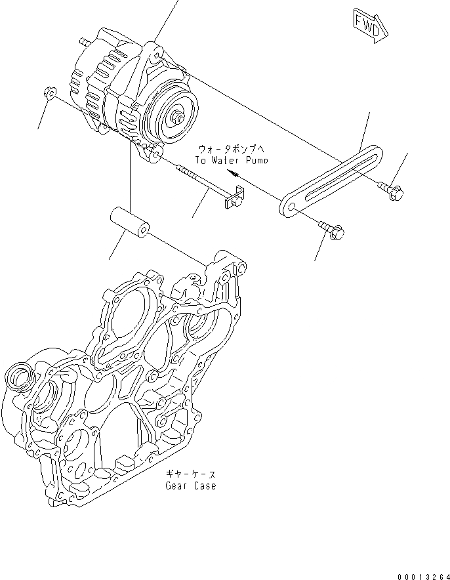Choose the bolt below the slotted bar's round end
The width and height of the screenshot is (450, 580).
332,230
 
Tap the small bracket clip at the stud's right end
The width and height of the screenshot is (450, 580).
235,198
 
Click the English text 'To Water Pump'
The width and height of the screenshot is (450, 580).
231,159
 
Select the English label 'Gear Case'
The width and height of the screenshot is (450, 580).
191,486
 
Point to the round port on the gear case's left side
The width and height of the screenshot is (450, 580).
19,379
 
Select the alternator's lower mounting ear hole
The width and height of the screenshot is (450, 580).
157,155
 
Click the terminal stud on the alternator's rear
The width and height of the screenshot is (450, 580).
83,43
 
